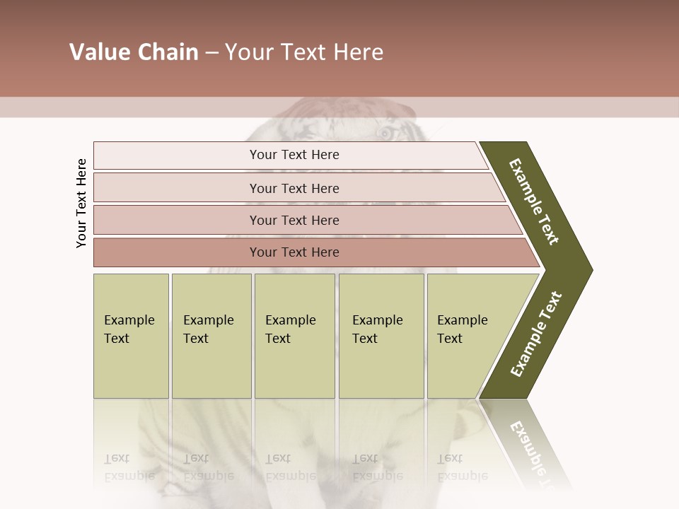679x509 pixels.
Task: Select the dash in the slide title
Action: point(211,53)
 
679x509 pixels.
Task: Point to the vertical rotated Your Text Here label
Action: point(81,204)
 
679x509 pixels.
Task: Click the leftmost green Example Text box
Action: point(131,335)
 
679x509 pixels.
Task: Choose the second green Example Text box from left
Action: point(211,335)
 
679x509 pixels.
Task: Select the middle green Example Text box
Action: point(294,335)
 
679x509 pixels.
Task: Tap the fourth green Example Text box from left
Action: point(381,335)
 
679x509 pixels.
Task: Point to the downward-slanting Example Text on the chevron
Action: point(534,201)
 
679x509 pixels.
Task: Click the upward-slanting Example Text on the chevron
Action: point(536,334)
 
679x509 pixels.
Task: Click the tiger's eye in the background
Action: point(385,132)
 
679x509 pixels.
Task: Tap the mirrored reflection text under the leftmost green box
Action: point(129,467)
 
